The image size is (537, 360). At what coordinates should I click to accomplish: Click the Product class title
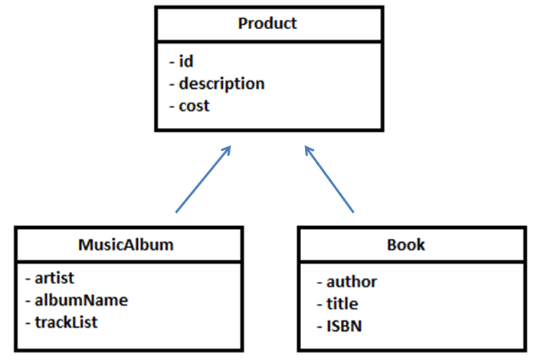point(267,23)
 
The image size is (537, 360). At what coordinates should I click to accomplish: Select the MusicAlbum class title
point(126,245)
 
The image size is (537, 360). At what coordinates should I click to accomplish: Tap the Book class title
point(407,245)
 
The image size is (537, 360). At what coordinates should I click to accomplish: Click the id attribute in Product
point(185,61)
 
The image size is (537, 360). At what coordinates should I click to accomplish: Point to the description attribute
point(221,83)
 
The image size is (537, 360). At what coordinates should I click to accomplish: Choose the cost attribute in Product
point(194,106)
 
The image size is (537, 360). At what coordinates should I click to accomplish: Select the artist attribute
point(54,277)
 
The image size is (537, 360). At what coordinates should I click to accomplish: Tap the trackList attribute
point(66,322)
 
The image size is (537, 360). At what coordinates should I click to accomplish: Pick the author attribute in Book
point(352,281)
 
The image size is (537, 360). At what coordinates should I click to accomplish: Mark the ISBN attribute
point(344,326)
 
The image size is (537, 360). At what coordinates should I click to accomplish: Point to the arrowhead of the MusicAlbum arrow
point(227,149)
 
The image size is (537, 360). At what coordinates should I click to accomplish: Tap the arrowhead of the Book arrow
point(308,149)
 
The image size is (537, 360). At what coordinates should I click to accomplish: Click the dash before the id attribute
point(171,62)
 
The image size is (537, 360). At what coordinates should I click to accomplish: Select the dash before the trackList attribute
point(28,322)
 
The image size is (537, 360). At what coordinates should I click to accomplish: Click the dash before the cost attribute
point(171,106)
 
